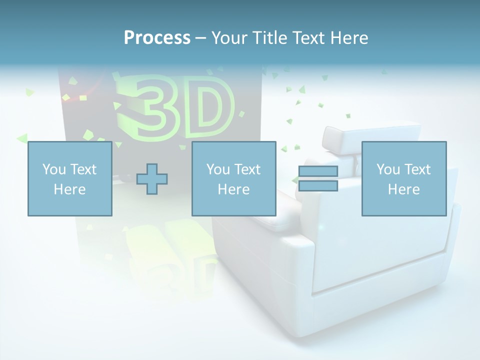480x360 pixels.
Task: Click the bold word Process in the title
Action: [x=157, y=37]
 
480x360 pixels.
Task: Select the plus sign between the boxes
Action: [x=152, y=179]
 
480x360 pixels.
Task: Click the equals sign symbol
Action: [x=318, y=178]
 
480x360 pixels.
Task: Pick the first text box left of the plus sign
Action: [x=70, y=179]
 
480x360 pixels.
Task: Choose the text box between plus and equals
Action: [x=234, y=179]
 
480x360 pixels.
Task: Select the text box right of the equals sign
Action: [x=404, y=179]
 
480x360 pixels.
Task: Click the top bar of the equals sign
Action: [x=318, y=171]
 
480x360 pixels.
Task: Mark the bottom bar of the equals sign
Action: [x=318, y=185]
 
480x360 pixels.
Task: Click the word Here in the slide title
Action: [x=350, y=37]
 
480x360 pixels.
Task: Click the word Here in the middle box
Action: [x=234, y=189]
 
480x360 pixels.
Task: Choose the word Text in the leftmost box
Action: [x=83, y=169]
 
